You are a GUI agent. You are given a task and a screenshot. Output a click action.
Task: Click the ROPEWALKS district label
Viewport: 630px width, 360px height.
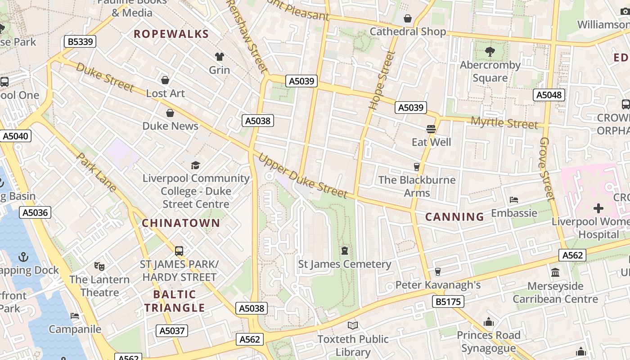click(171, 34)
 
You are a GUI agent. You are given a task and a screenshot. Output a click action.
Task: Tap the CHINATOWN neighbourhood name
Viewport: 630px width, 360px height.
click(181, 223)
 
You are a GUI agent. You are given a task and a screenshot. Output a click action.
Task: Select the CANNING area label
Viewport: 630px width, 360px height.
click(454, 217)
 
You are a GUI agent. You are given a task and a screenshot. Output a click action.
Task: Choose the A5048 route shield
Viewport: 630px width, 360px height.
click(549, 95)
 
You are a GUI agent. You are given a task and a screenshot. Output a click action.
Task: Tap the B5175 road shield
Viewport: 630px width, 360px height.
click(448, 301)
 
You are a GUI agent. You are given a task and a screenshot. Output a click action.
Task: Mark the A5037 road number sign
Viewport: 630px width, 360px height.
click(172, 331)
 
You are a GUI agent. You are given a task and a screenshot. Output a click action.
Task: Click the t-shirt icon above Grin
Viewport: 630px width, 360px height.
click(219, 57)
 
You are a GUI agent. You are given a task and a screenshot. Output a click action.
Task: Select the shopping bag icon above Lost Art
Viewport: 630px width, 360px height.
click(165, 80)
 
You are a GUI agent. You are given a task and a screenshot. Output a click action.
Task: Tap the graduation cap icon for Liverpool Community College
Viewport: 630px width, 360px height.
click(195, 165)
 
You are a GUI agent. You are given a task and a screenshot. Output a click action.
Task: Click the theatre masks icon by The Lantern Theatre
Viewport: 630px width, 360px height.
click(99, 266)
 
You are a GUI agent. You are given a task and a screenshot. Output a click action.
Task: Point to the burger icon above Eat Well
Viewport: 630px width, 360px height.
click(431, 129)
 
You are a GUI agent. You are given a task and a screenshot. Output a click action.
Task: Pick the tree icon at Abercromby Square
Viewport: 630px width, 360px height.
click(490, 52)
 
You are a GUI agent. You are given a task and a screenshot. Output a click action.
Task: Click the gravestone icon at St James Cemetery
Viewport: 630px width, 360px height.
click(345, 250)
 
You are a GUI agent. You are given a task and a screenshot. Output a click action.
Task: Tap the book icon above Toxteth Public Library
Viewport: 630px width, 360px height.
click(353, 325)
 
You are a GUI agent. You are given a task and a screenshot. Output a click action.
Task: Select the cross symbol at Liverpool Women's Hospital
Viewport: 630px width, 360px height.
click(598, 208)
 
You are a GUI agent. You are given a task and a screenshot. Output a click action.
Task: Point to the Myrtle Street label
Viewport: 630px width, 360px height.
click(504, 122)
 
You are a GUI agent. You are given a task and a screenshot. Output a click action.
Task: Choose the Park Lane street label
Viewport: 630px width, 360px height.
click(97, 172)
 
